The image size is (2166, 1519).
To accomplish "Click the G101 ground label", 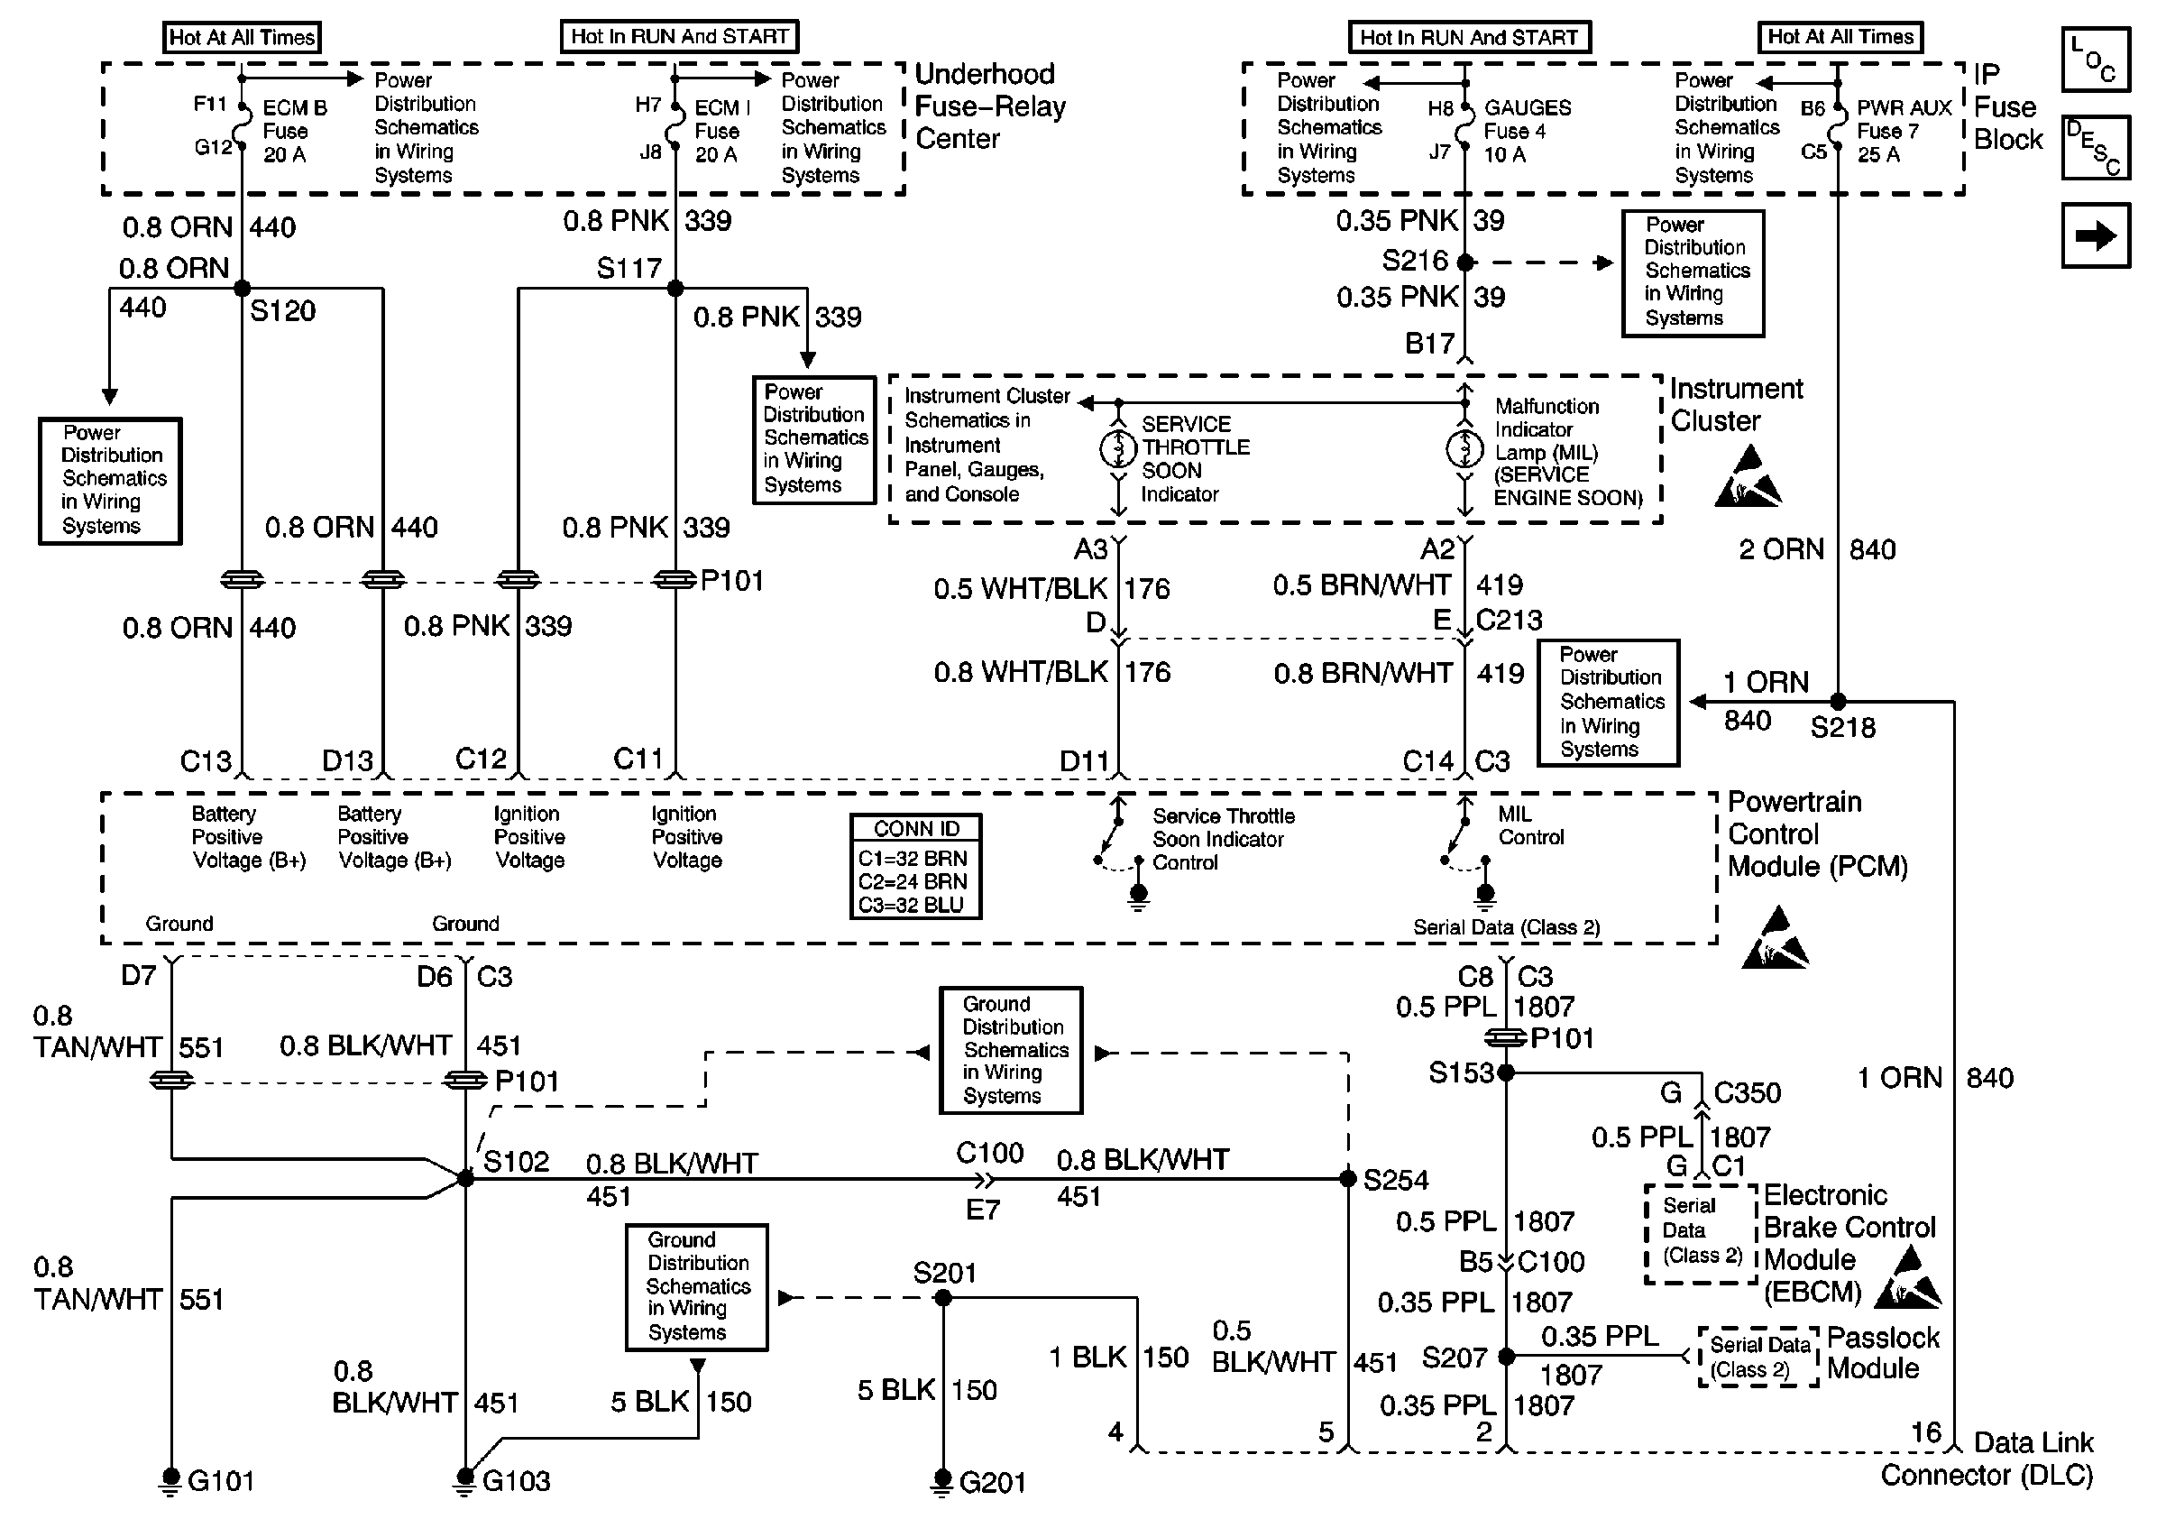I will (221, 1480).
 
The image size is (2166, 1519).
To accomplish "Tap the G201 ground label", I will (992, 1482).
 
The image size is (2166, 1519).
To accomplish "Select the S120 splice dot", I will (243, 288).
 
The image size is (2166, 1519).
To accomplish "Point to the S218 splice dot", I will (1838, 702).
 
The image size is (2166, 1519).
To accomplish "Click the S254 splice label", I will (1395, 1179).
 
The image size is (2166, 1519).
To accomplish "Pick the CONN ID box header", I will (916, 828).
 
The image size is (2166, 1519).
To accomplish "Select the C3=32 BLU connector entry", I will (912, 905).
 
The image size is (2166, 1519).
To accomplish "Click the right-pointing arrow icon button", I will (2096, 235).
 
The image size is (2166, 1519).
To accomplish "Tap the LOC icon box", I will (2096, 60).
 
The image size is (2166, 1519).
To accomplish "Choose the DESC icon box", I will (2096, 147).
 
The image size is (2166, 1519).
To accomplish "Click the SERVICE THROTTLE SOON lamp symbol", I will (1119, 448).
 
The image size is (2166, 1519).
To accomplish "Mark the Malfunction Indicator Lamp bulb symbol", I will (1464, 448).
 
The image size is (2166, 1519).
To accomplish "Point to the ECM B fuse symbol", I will (243, 127).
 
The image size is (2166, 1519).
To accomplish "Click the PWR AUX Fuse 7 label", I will (1903, 131).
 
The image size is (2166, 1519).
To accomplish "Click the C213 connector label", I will (1509, 620).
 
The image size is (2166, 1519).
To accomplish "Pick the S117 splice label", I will (629, 269).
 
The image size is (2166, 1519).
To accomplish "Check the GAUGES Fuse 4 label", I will (1527, 131).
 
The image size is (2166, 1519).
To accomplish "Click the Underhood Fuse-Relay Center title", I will (989, 106).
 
